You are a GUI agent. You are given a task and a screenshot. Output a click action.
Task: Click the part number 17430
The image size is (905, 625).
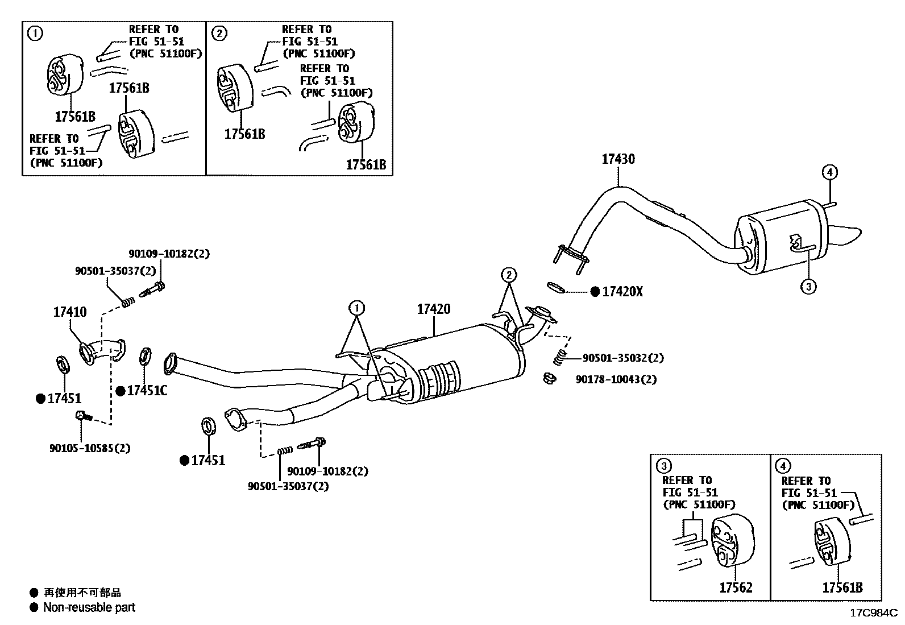coord(618,159)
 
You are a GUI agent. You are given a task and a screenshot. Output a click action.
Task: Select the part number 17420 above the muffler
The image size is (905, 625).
coord(433,309)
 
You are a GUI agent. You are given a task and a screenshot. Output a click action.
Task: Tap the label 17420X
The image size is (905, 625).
coord(622,292)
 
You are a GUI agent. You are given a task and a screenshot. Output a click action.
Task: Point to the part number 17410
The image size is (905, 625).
coord(70,312)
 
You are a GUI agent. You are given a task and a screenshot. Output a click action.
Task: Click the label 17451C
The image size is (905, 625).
coord(147,391)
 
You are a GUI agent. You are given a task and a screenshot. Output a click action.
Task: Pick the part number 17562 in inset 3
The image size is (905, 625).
coord(736,587)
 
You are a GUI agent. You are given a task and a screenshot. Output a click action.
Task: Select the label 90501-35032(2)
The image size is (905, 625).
coord(622,358)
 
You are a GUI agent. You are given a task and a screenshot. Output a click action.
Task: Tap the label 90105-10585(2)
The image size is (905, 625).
coord(90,448)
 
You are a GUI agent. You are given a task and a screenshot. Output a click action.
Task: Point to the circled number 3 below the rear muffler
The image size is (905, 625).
coord(808,286)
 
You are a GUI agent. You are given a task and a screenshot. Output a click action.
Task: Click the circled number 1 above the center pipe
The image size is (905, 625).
coord(357,308)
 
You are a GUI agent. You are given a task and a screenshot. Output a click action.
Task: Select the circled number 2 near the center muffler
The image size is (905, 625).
coord(509,275)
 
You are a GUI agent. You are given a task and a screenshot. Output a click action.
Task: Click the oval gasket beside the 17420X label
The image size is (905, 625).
coord(558,288)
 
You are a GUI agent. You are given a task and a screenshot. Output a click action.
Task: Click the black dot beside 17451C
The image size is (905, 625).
coord(121,391)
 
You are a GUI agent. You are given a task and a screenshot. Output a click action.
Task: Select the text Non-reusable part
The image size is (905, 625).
coord(89,607)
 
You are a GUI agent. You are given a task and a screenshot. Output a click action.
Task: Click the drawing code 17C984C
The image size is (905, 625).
coord(873,613)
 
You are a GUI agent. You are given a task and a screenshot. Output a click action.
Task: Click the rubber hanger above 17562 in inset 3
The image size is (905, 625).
coord(732,540)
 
